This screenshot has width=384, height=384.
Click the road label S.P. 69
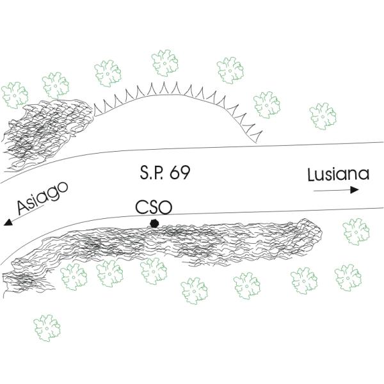(x=165, y=173)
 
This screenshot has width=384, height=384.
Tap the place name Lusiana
(x=338, y=174)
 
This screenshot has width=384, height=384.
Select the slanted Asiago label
(x=43, y=198)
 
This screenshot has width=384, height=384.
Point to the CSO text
(x=154, y=207)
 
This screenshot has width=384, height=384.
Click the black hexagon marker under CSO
(x=154, y=223)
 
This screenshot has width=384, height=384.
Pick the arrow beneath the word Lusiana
(x=336, y=190)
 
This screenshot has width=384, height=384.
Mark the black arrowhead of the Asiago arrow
(x=8, y=222)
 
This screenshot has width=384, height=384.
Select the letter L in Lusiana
(x=310, y=174)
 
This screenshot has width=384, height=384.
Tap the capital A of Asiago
(x=23, y=207)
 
